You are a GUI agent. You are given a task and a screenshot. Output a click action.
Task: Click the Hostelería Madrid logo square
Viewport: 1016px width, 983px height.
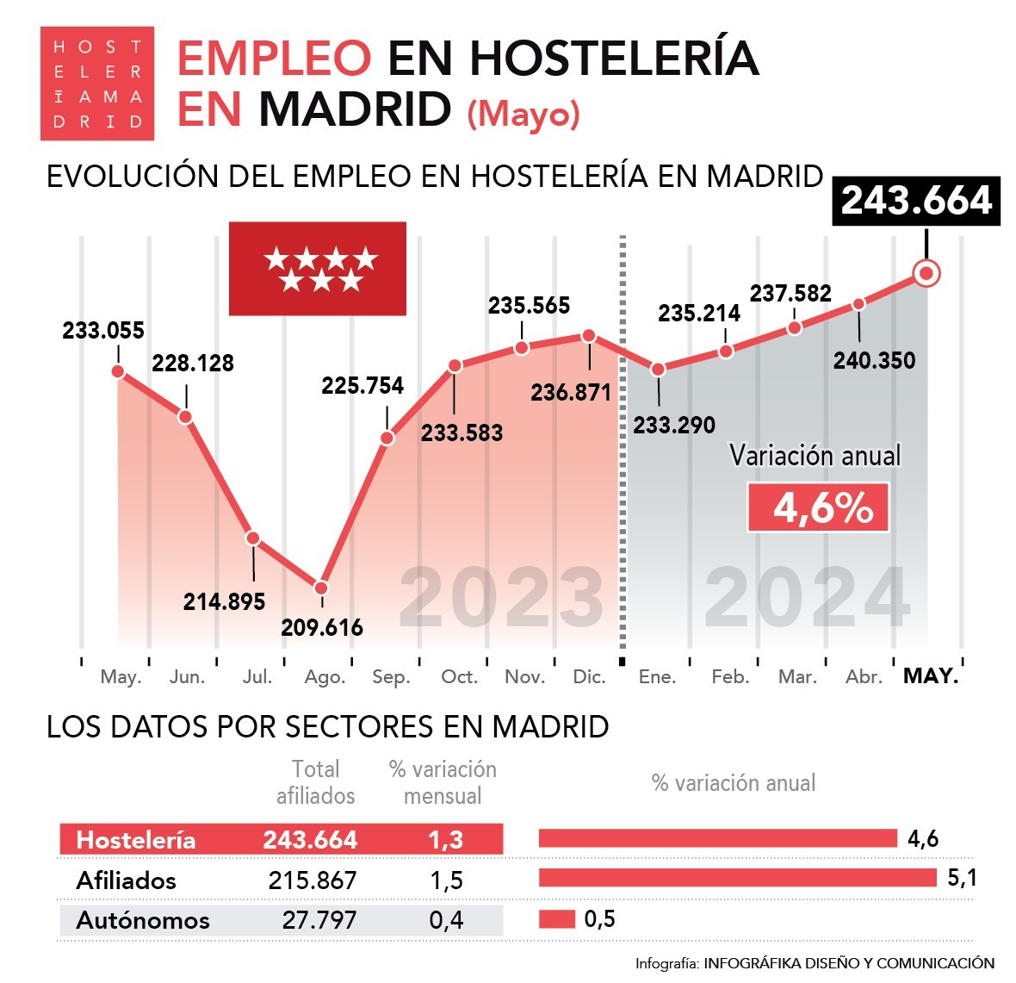coord(97,84)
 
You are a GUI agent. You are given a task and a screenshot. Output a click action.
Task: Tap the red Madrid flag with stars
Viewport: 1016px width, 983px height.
coord(317,269)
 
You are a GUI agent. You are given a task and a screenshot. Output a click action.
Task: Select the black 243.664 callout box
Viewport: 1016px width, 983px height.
coord(916,202)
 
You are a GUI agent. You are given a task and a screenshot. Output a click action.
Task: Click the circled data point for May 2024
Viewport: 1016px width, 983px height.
coord(926,274)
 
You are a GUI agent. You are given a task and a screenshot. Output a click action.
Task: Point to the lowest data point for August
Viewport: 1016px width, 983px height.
coord(321,588)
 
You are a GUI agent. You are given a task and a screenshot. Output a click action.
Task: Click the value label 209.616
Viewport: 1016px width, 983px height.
coord(322,627)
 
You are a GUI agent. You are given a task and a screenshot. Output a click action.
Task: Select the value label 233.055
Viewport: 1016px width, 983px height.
coord(103,331)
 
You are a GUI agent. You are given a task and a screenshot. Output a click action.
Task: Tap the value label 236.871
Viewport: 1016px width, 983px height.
coord(571,393)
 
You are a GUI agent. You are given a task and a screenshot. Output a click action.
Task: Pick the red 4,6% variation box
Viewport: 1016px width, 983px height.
coord(818,507)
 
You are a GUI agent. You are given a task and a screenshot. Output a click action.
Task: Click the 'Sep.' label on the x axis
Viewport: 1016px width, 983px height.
coord(391,677)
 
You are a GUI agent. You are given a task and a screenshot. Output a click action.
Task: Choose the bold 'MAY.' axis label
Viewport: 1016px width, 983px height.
coord(931,676)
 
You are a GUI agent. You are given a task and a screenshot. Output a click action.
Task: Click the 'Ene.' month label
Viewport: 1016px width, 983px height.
coord(657,677)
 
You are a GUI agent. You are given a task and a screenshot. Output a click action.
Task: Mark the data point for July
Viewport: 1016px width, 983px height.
coord(253,538)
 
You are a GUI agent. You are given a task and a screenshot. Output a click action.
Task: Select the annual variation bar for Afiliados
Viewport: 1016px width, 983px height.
coord(737,878)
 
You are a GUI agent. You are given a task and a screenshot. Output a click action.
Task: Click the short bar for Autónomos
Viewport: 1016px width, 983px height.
coord(556,919)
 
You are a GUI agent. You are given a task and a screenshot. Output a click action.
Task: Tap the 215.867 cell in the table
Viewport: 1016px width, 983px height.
coord(312,880)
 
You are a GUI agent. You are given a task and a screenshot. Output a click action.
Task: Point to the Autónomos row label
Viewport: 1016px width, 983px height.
coord(143,920)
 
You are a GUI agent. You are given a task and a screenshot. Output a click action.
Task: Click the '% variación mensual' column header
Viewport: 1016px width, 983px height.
coord(443,782)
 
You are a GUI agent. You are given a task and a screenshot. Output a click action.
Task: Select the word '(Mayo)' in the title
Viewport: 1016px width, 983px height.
coord(523,114)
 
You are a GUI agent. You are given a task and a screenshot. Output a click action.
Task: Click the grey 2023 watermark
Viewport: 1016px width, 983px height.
coord(501,597)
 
